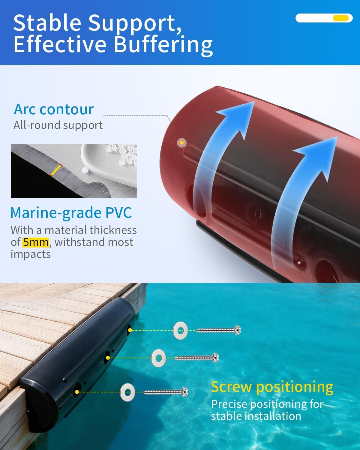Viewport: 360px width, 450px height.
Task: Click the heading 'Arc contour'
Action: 54,109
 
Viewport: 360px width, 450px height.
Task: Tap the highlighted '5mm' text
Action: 36,242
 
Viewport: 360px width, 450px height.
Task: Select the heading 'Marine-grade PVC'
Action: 71,213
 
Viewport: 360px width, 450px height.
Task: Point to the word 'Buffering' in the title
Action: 163,44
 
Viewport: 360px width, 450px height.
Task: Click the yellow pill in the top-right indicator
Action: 341,18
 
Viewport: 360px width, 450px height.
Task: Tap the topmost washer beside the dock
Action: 180,330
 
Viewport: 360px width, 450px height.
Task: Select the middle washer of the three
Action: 159,358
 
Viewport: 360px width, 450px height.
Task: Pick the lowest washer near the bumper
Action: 127,392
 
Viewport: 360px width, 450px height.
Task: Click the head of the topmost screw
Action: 237,330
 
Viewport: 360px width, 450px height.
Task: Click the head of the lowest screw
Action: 184,391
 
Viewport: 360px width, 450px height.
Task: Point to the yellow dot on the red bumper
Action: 182,143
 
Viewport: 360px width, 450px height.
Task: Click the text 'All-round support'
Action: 58,125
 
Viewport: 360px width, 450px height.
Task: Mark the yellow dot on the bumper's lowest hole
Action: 77,392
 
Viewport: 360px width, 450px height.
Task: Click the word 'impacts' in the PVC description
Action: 31,254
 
